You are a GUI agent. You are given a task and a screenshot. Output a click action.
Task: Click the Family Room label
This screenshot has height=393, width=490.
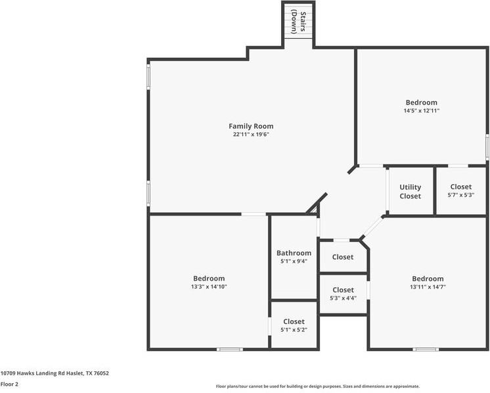click(x=251, y=126)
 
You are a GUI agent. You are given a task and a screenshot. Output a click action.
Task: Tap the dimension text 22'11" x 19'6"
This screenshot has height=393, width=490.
click(x=251, y=135)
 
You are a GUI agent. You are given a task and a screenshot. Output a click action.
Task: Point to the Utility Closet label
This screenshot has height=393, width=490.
click(x=410, y=191)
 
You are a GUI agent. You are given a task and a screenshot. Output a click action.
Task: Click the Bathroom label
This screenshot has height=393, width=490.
click(x=294, y=253)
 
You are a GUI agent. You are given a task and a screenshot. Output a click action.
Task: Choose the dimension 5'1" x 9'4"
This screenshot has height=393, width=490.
click(x=294, y=262)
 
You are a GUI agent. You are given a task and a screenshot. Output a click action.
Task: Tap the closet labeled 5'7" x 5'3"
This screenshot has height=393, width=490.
click(x=460, y=195)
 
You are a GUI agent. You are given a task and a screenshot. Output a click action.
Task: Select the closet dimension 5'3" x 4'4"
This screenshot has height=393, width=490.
click(x=343, y=298)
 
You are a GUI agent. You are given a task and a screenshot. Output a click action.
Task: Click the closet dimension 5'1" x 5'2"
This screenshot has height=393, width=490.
click(x=294, y=330)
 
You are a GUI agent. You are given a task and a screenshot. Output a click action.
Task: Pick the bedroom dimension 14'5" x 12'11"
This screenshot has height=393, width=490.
click(x=421, y=111)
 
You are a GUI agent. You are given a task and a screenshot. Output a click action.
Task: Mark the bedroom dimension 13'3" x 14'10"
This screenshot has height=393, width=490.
click(x=209, y=287)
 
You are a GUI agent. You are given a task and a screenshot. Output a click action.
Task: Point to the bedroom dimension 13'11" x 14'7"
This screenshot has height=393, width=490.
click(x=428, y=287)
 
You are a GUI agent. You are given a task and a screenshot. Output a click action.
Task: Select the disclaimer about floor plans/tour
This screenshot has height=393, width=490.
click(x=318, y=386)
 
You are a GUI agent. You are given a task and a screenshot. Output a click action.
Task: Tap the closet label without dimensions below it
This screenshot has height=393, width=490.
click(x=343, y=257)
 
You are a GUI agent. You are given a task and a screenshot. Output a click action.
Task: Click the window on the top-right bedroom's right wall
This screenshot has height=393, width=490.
click(x=487, y=147)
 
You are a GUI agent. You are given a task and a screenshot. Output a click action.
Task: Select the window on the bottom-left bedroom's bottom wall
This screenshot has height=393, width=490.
click(x=230, y=349)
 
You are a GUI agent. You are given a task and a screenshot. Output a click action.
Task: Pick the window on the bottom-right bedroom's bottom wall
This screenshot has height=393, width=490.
click(x=426, y=349)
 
